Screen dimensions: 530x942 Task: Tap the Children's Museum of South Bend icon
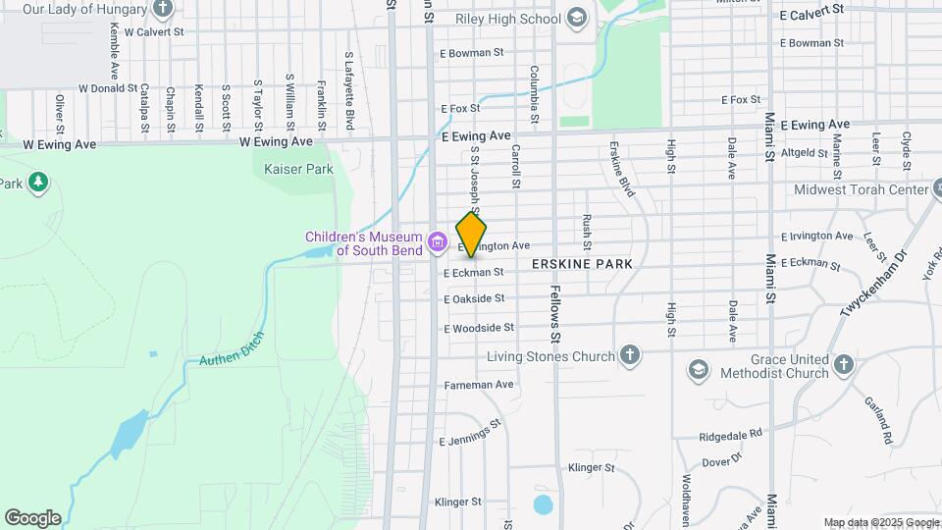click(438, 240)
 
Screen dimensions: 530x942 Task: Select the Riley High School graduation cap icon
click(577, 18)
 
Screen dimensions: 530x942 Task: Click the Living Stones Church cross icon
click(629, 355)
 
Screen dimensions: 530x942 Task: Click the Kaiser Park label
click(298, 169)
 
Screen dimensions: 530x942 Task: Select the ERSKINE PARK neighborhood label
click(583, 265)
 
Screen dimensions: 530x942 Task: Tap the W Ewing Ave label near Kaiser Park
click(276, 141)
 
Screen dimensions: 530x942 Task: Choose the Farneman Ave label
click(479, 385)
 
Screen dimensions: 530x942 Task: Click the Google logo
click(32, 517)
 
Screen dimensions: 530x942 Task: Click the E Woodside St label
click(479, 328)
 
